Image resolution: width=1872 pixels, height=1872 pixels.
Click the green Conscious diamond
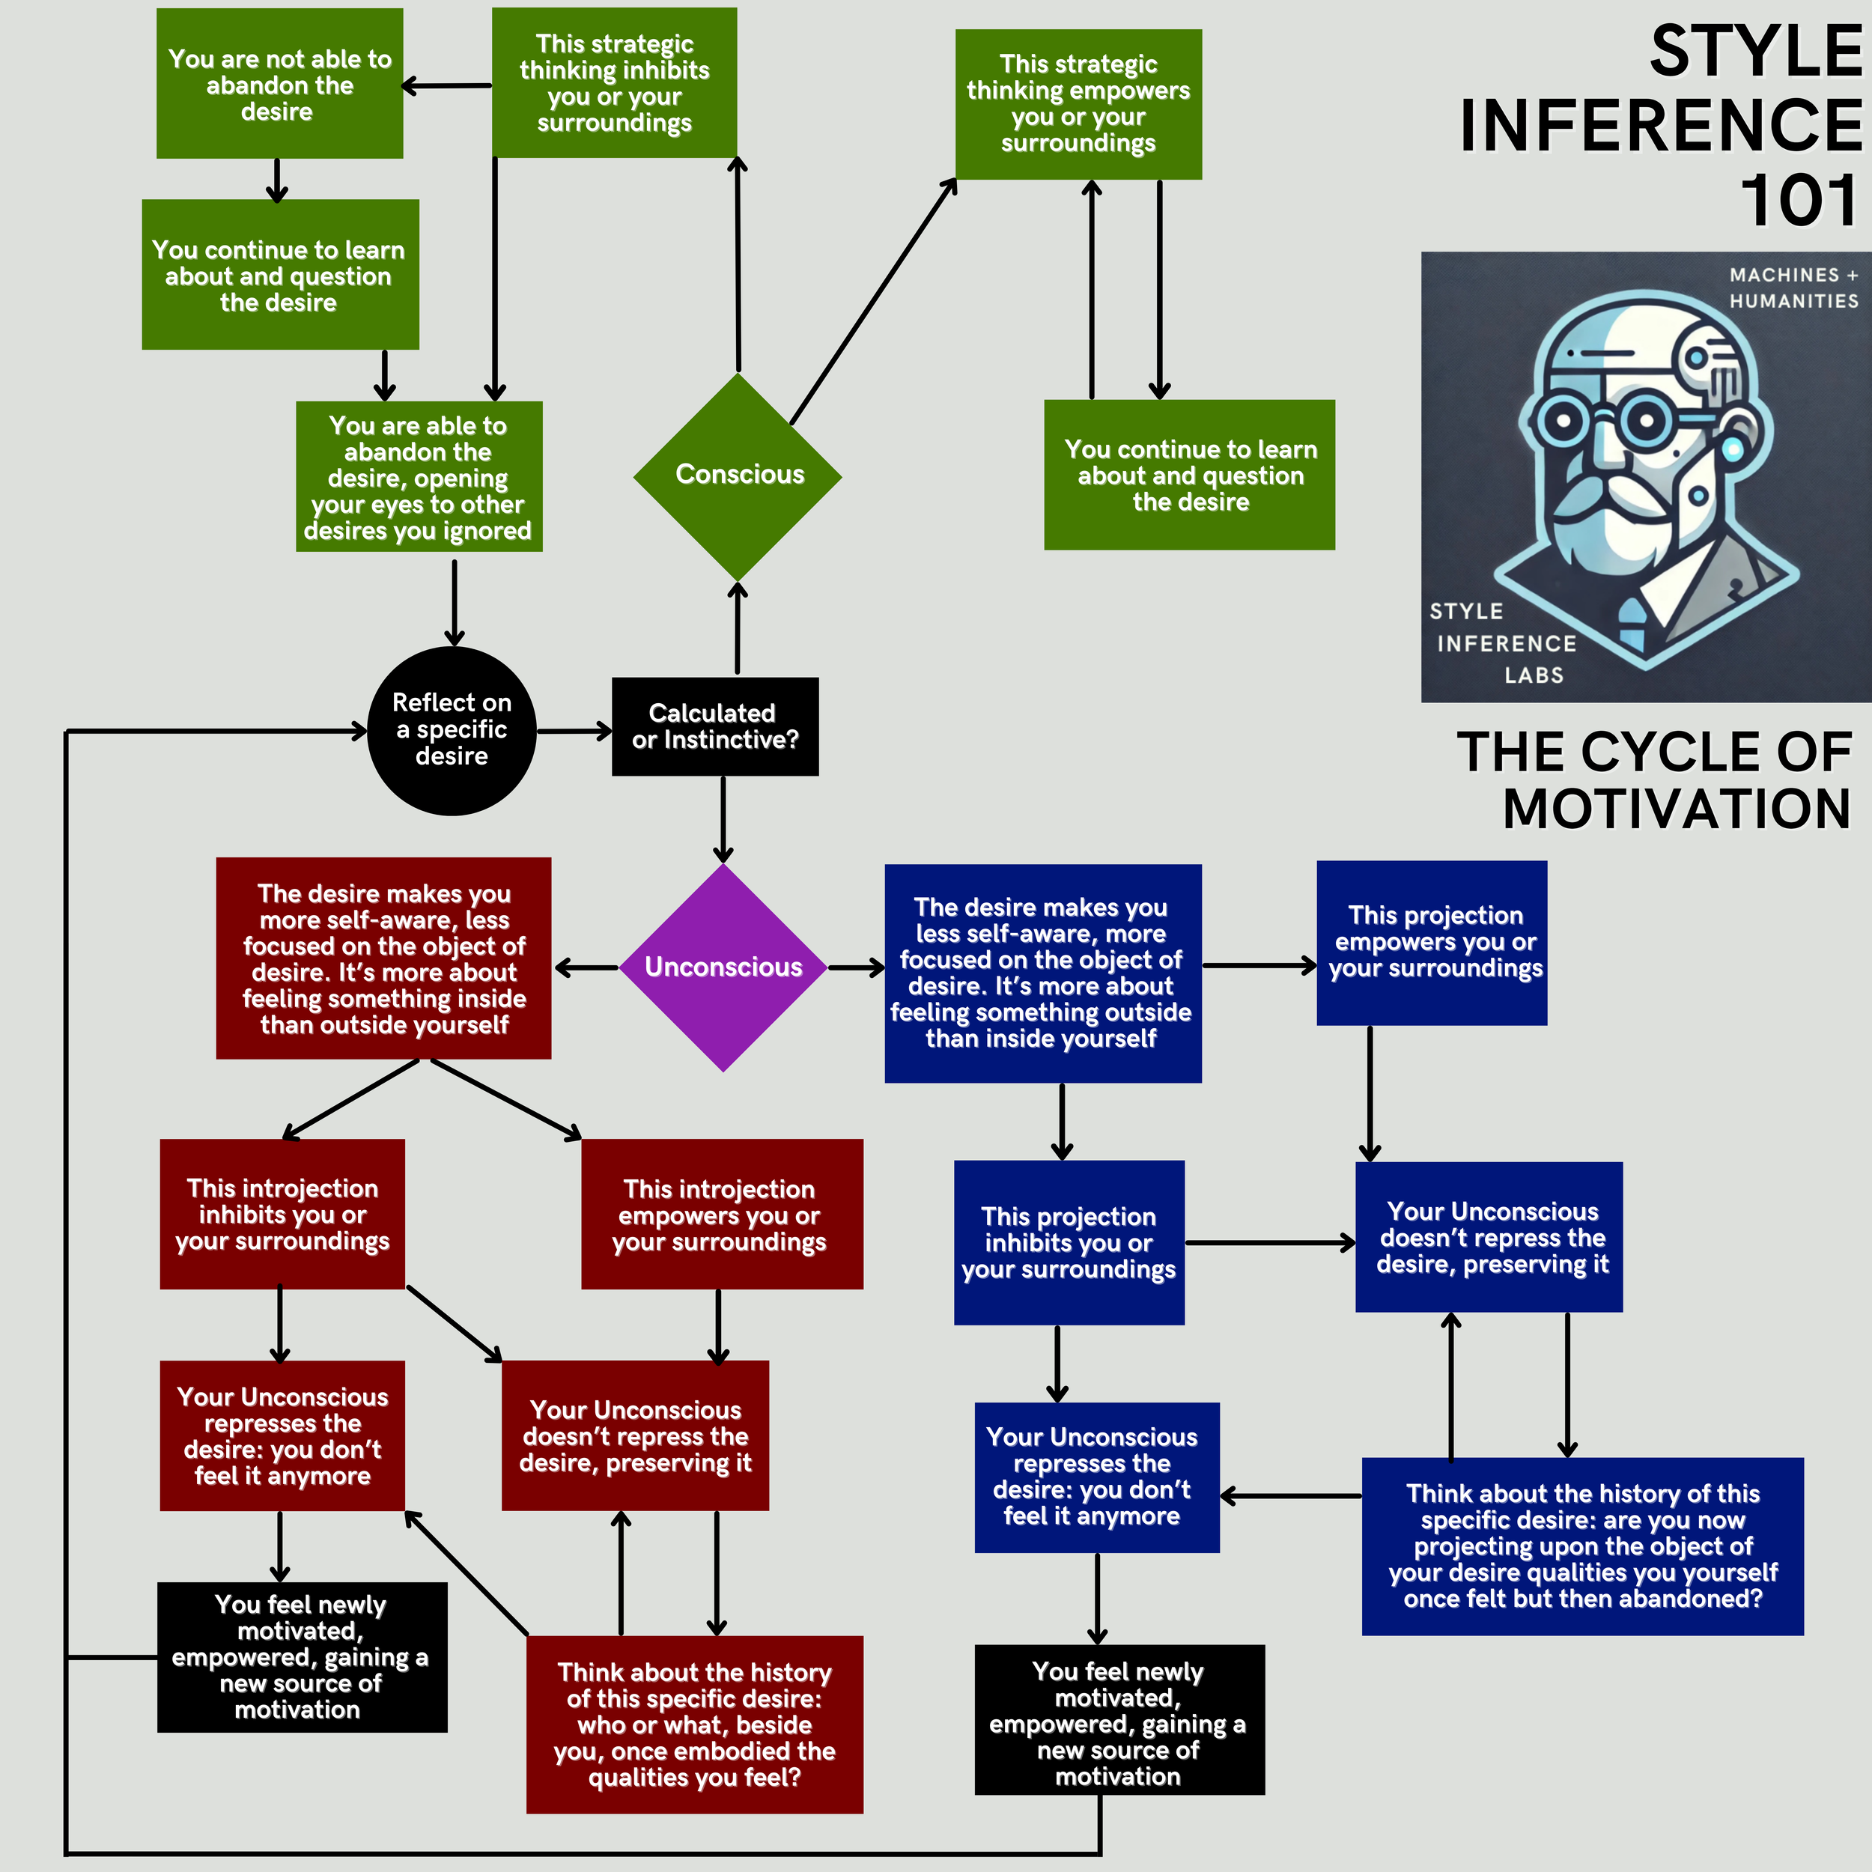[x=738, y=475]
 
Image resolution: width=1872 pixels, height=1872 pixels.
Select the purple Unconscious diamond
[x=723, y=967]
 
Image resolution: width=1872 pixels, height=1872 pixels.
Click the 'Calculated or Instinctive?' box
[x=715, y=726]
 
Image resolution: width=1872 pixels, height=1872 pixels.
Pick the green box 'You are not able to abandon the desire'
[x=279, y=85]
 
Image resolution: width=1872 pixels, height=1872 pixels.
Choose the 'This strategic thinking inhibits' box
[x=614, y=83]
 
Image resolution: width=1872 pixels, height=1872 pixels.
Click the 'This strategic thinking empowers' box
[x=1078, y=103]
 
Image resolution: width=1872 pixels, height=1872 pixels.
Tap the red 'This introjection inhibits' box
[x=282, y=1214]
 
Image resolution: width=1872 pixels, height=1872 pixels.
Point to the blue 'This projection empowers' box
[x=1431, y=943]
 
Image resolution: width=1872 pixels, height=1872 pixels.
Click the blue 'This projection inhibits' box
[x=1069, y=1242]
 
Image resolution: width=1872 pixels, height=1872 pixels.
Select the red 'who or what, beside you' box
[x=694, y=1724]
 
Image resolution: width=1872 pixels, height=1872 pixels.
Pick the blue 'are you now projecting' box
[x=1582, y=1546]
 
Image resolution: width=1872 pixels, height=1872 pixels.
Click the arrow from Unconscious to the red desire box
[x=586, y=967]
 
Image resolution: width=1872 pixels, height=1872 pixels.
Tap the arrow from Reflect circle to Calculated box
[x=574, y=731]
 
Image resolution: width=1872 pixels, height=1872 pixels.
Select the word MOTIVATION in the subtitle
[x=1677, y=808]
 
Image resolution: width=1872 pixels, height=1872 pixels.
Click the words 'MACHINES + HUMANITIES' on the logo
[x=1793, y=288]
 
